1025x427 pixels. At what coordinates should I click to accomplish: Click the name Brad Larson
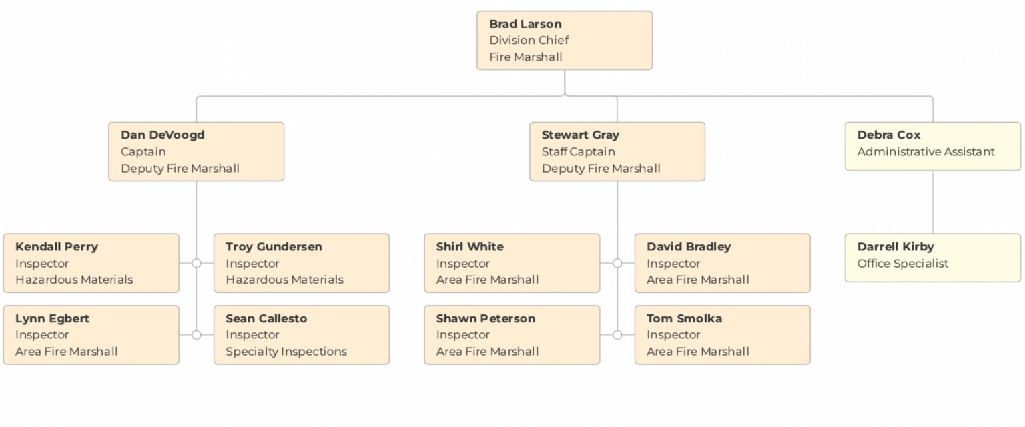525,24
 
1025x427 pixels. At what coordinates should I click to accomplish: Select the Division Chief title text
529,40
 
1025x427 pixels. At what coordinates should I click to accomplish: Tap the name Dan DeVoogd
162,135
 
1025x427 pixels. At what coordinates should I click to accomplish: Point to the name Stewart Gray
580,135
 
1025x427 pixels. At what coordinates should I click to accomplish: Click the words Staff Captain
578,151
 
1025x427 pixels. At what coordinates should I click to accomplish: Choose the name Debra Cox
888,135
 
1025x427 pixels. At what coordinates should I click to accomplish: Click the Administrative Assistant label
926,151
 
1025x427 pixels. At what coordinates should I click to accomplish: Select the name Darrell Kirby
895,246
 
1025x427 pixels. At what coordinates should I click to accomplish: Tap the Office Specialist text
902,263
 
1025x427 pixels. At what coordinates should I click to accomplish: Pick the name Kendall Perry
56,246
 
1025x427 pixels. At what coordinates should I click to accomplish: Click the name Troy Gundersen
274,246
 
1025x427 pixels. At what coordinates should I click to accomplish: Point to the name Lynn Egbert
52,318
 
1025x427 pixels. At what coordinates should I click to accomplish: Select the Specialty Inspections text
286,351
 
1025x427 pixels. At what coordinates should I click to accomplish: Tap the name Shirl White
470,246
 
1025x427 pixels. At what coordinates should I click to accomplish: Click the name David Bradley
688,246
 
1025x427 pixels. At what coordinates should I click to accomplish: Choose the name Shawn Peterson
485,318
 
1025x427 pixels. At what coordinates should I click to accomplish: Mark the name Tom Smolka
684,318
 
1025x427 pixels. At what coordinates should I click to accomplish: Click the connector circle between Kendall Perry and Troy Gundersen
196,263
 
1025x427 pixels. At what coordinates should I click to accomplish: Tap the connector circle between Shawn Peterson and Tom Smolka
617,335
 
